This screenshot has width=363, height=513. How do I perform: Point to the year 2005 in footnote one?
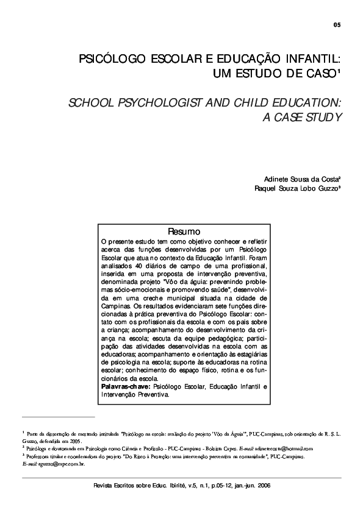pos(74,440)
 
